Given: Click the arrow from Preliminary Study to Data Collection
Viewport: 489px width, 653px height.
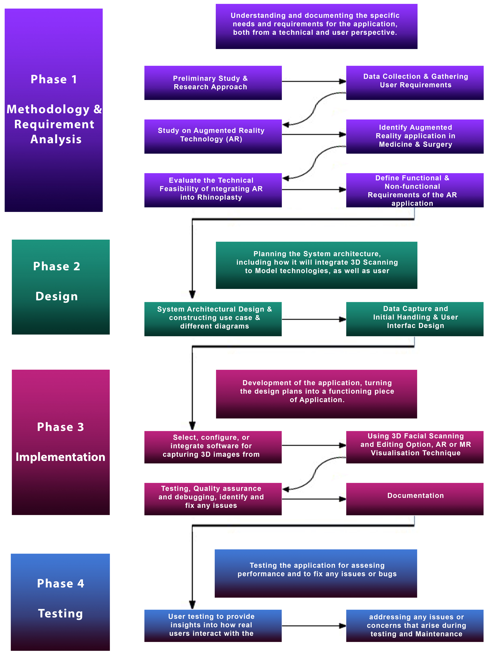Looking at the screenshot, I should [x=313, y=81].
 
